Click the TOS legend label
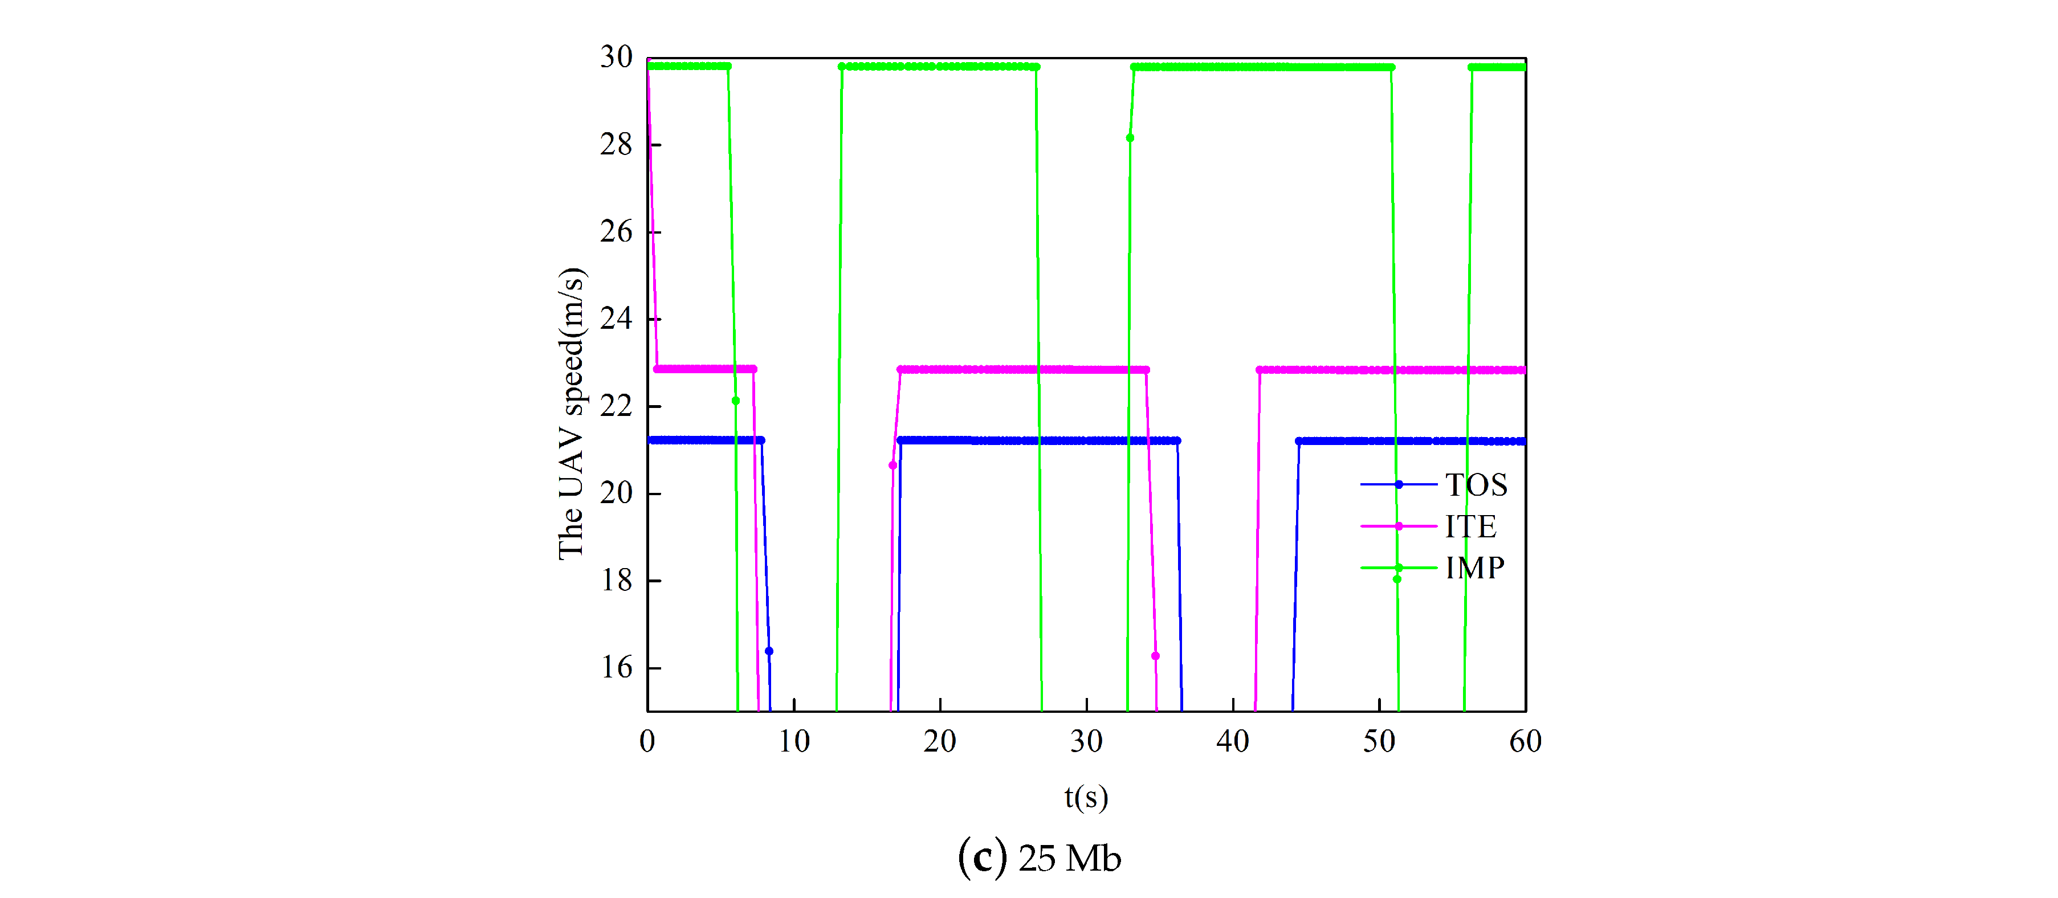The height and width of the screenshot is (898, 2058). click(x=1476, y=485)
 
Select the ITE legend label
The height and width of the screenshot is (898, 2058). click(x=1470, y=526)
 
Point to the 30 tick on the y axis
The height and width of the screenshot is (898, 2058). click(x=616, y=58)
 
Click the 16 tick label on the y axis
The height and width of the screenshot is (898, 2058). click(x=616, y=667)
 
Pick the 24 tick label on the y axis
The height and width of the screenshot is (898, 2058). click(x=616, y=319)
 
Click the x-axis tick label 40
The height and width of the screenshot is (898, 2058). click(x=1232, y=741)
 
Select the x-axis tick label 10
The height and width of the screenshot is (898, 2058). click(x=793, y=741)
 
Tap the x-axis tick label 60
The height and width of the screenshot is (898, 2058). click(x=1525, y=741)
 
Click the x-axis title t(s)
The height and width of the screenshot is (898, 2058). click(x=1086, y=797)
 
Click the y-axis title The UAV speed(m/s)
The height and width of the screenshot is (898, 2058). click(x=572, y=413)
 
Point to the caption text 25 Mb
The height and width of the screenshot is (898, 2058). click(x=1069, y=859)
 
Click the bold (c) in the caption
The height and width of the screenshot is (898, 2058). click(x=982, y=858)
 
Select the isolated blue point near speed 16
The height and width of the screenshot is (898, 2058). click(x=769, y=651)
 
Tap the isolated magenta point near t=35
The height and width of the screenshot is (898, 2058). click(x=1155, y=656)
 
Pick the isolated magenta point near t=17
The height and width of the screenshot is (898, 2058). click(x=893, y=465)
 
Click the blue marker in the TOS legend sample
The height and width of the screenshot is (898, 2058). click(x=1398, y=485)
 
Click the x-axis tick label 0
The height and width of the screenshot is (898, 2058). click(x=647, y=741)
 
